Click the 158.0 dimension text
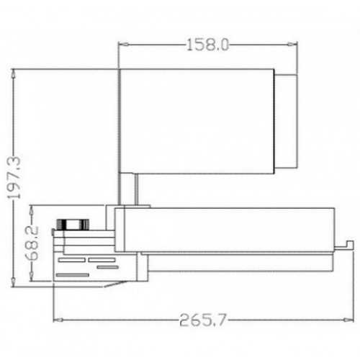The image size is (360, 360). pyautogui.click(x=208, y=45)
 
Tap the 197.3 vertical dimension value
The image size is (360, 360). pyautogui.click(x=14, y=178)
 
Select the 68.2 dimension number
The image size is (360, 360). pyautogui.click(x=32, y=243)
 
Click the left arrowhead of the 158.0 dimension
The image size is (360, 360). pyautogui.click(x=124, y=45)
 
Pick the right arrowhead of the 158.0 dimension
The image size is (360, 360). pyautogui.click(x=292, y=45)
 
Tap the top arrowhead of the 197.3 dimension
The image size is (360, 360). pyautogui.click(x=14, y=73)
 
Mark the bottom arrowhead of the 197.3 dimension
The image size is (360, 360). pyautogui.click(x=14, y=282)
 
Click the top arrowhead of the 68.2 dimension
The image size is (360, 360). pyautogui.click(x=31, y=210)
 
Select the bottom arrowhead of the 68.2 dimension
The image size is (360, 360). pyautogui.click(x=31, y=276)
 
